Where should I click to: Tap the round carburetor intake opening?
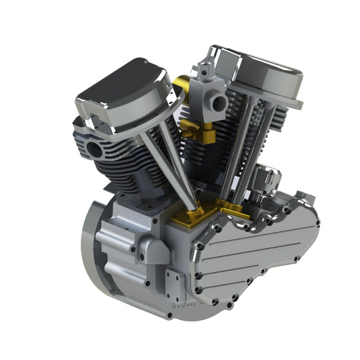pyautogui.click(x=215, y=102)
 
